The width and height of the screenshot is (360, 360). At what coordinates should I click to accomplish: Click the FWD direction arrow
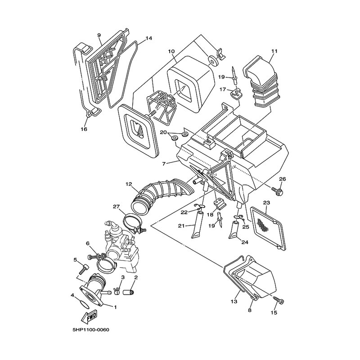pyautogui.click(x=89, y=317)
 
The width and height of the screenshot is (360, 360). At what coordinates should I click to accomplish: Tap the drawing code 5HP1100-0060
pyautogui.click(x=91, y=330)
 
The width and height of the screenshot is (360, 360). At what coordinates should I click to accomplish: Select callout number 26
pyautogui.click(x=283, y=179)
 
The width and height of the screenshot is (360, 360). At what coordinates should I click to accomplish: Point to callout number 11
pyautogui.click(x=274, y=51)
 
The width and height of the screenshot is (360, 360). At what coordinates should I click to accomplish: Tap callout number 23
pyautogui.click(x=266, y=203)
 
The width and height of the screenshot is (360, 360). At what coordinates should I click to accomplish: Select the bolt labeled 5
pyautogui.click(x=84, y=269)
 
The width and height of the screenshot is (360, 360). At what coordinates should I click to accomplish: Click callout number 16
pyautogui.click(x=84, y=129)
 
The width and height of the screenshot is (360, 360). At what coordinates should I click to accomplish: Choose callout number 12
pyautogui.click(x=129, y=184)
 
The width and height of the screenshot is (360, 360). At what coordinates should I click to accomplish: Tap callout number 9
pyautogui.click(x=99, y=35)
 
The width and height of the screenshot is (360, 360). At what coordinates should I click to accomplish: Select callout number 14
pyautogui.click(x=149, y=38)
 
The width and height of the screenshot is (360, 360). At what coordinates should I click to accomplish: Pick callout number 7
pyautogui.click(x=164, y=164)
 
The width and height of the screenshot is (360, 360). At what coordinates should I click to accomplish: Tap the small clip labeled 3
pyautogui.click(x=117, y=291)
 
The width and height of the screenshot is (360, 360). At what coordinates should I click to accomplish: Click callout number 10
pyautogui.click(x=171, y=51)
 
